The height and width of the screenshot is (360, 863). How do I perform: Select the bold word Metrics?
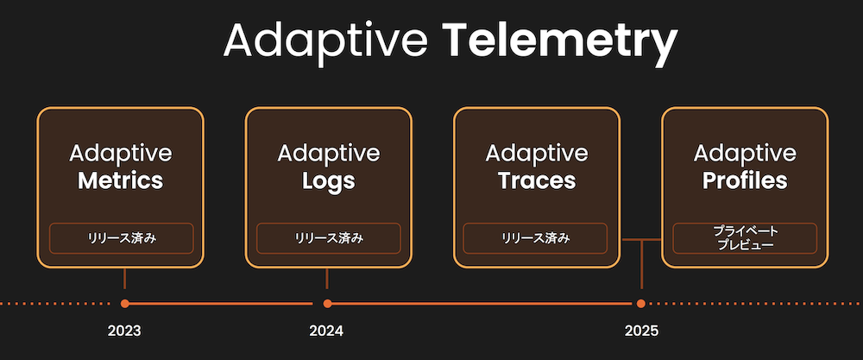121,181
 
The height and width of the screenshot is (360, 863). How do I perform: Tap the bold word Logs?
329,182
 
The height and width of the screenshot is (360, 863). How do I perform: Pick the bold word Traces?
537,181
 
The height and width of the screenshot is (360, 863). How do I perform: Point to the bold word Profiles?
745,181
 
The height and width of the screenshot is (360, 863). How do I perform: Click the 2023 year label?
124,331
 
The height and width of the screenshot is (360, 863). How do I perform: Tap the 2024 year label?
326,331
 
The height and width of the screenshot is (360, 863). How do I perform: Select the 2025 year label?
642,331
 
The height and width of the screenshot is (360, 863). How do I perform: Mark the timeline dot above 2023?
125,303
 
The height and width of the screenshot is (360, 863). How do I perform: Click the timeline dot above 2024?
327,303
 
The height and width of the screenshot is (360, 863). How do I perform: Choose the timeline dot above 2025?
640,303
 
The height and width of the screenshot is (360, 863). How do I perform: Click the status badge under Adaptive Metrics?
121,238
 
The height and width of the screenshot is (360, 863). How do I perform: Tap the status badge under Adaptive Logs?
329,238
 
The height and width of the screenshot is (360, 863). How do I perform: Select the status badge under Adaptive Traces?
536,238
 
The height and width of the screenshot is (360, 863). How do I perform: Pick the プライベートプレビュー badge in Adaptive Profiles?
745,238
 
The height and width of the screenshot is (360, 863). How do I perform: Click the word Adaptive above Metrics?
121,153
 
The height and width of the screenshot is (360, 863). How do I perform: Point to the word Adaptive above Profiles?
745,153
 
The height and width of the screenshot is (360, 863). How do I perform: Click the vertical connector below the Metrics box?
125,279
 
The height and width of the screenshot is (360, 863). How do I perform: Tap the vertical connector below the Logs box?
327,279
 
